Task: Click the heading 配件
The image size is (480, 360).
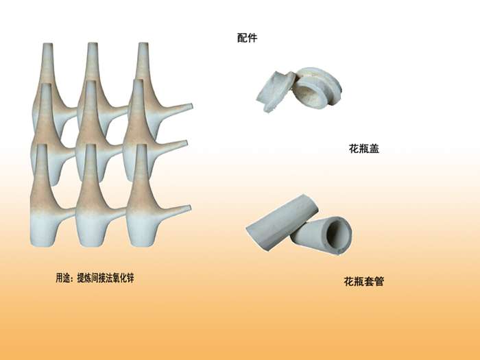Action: (x=247, y=38)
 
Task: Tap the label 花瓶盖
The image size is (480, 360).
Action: (x=364, y=149)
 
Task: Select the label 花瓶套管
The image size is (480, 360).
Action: (x=363, y=281)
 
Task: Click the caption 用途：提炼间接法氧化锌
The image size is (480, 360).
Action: (x=95, y=278)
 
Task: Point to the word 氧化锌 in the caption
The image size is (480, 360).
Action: (x=123, y=278)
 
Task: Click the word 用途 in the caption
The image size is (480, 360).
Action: (x=63, y=278)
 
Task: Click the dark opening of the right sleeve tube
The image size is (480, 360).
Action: (x=338, y=235)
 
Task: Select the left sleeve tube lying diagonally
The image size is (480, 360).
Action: (x=282, y=222)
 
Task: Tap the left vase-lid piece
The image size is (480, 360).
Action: (x=275, y=91)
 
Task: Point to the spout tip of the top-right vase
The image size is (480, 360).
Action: (x=191, y=106)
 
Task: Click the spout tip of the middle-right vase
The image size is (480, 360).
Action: (x=186, y=143)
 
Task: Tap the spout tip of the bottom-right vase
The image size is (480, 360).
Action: (x=189, y=208)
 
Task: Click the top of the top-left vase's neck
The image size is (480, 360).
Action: (x=47, y=45)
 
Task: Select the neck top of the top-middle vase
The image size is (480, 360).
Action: (x=93, y=44)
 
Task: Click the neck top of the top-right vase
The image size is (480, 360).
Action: (x=143, y=44)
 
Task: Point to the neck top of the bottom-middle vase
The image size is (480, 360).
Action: (x=91, y=146)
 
